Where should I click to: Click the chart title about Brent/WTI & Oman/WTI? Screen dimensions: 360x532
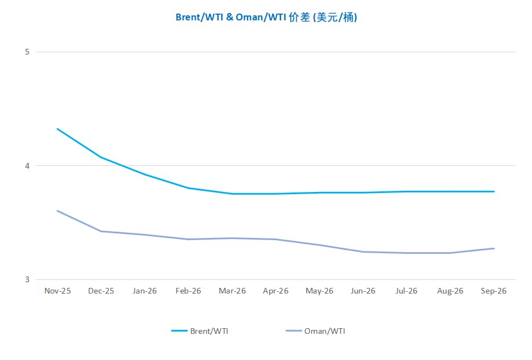(266, 18)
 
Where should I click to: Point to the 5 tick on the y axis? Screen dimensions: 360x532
(27, 52)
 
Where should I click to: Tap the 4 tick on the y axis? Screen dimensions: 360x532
(27, 166)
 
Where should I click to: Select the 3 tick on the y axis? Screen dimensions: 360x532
(27, 279)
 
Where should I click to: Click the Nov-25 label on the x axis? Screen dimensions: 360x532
(57, 291)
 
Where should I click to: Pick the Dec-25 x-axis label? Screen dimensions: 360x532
(101, 291)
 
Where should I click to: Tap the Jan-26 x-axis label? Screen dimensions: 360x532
(145, 291)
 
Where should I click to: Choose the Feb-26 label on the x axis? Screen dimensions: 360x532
(188, 291)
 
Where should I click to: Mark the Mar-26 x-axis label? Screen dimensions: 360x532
(232, 291)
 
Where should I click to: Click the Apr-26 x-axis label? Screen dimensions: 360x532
(276, 291)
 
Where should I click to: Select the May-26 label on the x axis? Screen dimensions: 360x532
(320, 291)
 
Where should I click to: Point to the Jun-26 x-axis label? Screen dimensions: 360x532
(363, 291)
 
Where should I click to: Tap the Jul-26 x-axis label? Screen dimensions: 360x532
(407, 291)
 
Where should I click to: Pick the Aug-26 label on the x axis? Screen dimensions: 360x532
(450, 291)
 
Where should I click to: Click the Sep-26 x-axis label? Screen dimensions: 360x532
(494, 291)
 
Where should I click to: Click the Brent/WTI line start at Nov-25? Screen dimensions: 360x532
(57, 129)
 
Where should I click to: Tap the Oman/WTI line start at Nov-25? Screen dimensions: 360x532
(57, 211)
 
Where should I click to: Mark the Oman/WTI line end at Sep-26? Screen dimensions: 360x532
(494, 248)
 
